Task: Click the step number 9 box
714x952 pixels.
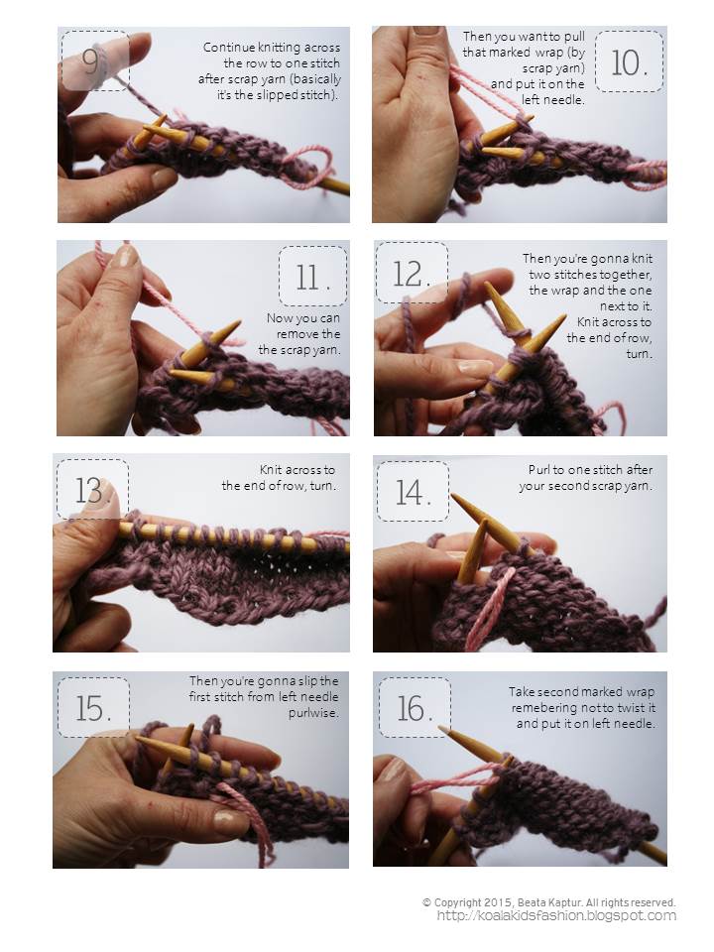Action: point(95,60)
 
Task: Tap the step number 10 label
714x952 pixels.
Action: point(629,61)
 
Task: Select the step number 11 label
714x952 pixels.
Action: point(312,277)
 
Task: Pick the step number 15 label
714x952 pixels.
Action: point(93,708)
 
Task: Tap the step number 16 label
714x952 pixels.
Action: point(415,708)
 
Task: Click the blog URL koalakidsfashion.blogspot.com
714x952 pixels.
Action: point(556,916)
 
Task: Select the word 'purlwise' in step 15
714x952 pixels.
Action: point(313,713)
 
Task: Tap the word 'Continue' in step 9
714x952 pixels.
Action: point(227,48)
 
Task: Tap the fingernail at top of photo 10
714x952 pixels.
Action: point(426,30)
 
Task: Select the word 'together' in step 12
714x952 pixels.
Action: point(627,275)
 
